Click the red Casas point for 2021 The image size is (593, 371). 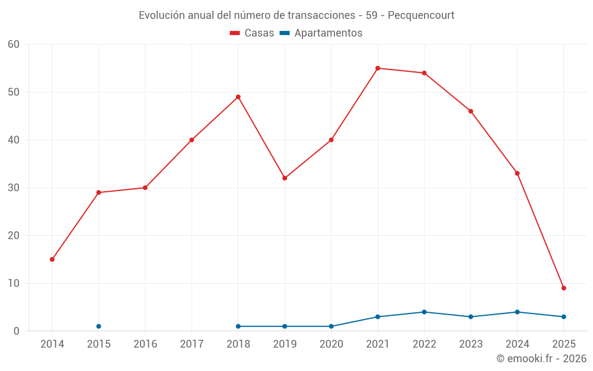coord(378,68)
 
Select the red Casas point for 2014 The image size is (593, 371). coord(52,259)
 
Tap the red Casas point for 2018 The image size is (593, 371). coord(238,97)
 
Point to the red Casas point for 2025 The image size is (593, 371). coord(564,288)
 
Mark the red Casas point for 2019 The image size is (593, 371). coord(285,178)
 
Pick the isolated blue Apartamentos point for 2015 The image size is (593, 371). coord(98,326)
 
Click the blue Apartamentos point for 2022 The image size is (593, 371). coord(424,312)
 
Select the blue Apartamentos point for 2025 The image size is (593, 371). coord(564,317)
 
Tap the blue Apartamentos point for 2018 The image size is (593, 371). coord(238,326)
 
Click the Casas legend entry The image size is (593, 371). coord(252,33)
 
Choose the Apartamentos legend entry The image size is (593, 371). coord(321,33)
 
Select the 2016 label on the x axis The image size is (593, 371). coord(145,344)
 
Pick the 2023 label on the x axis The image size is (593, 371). coord(471,344)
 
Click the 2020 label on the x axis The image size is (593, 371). coord(331,344)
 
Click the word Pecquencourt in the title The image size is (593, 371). coord(422,15)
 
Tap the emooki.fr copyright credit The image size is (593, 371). coord(541,359)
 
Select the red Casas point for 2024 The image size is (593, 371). coord(517,173)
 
